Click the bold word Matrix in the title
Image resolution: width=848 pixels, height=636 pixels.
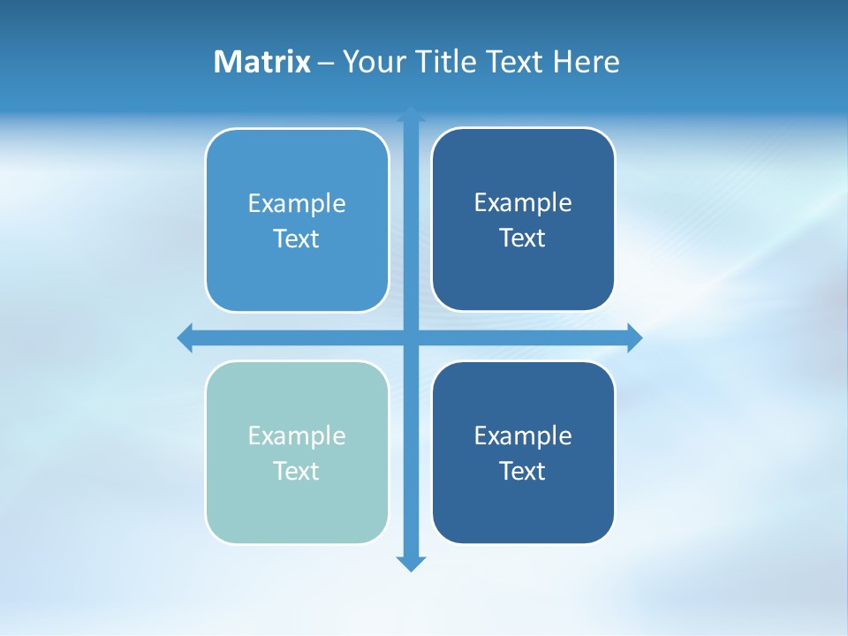(261, 62)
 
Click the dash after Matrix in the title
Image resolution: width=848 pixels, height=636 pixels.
(326, 63)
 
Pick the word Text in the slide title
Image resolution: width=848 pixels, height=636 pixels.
(517, 62)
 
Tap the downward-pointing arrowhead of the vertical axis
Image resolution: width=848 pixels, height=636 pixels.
(411, 563)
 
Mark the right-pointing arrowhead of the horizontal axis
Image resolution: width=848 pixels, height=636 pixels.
(634, 337)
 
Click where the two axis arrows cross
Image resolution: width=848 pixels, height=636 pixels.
(411, 337)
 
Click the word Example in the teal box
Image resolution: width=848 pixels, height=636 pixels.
(297, 435)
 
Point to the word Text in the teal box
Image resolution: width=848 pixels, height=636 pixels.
(297, 471)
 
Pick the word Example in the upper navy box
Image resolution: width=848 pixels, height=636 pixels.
(523, 202)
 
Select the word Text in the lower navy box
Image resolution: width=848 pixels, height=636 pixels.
(523, 471)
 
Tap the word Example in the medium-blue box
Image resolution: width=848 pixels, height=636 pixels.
(297, 203)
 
